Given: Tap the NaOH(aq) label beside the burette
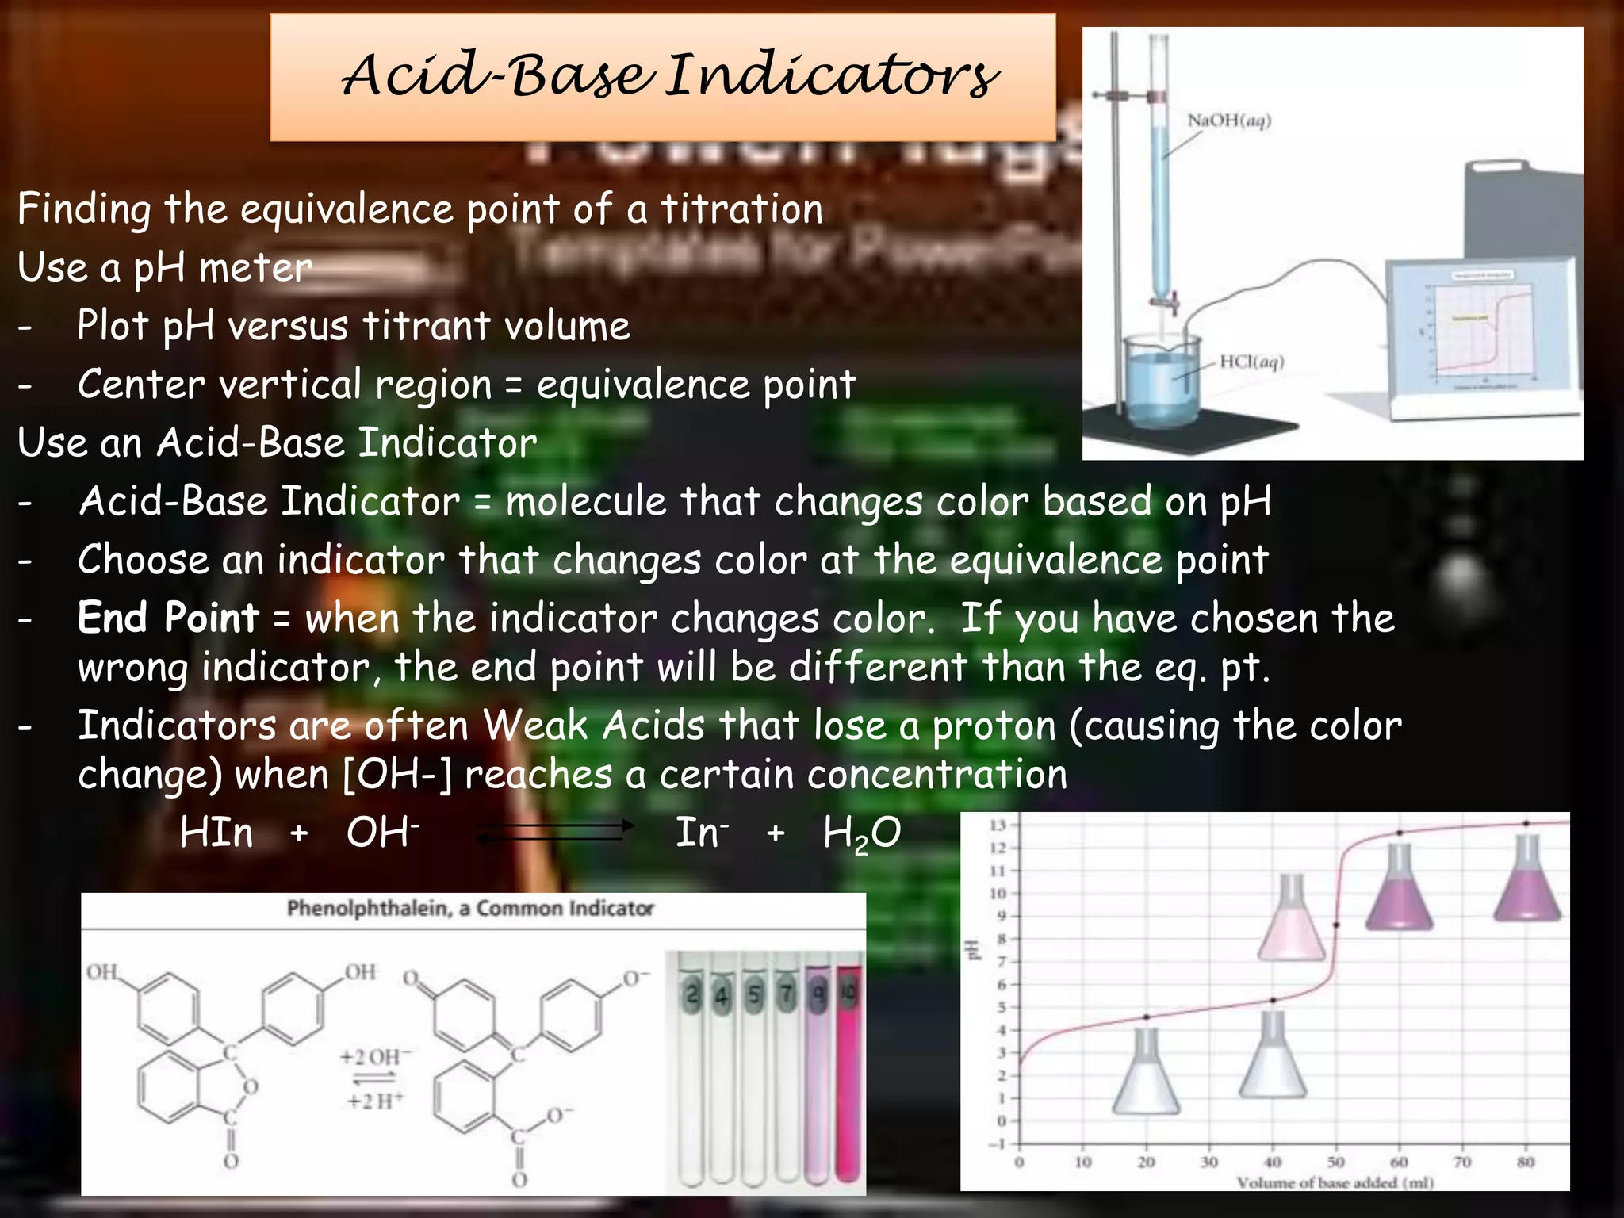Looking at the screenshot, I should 1228,121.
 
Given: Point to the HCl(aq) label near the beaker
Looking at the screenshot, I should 1251,362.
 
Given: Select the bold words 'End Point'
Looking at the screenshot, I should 168,618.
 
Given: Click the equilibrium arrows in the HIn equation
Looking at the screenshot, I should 554,832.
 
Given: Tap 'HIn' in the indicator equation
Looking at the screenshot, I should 216,833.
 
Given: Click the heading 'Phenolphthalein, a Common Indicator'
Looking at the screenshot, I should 470,908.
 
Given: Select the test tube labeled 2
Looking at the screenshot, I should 692,1071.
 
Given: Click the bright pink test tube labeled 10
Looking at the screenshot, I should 848,1071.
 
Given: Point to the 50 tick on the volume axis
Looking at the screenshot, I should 1335,1162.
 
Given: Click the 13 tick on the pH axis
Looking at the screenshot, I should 998,825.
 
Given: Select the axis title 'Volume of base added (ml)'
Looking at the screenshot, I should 1335,1182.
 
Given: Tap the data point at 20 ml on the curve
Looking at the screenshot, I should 1147,1017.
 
